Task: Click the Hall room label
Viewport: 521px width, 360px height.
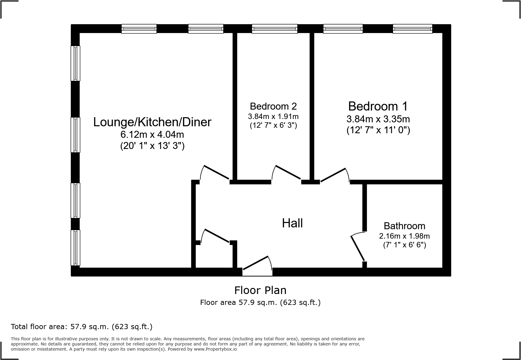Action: coord(292,223)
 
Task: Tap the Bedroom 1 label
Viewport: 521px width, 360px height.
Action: coord(378,106)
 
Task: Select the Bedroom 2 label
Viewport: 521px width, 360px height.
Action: coord(273,106)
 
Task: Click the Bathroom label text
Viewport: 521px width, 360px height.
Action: coord(404,226)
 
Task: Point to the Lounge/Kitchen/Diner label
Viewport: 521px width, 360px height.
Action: coord(152,122)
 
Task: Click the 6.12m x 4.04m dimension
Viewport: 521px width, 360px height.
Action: coord(152,134)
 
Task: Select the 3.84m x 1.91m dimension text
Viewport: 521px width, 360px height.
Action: coord(273,116)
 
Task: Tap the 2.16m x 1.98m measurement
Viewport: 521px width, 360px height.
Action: coord(404,236)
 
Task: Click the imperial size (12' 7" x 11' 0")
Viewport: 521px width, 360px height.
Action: coord(378,130)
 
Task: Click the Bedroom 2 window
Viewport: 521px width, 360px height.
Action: coord(274,29)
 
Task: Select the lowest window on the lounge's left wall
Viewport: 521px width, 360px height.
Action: coord(75,248)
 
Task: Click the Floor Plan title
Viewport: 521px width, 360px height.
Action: coord(260,290)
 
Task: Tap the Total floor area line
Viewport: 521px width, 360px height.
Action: coord(81,327)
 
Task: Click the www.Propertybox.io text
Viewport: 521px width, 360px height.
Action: coord(215,349)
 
